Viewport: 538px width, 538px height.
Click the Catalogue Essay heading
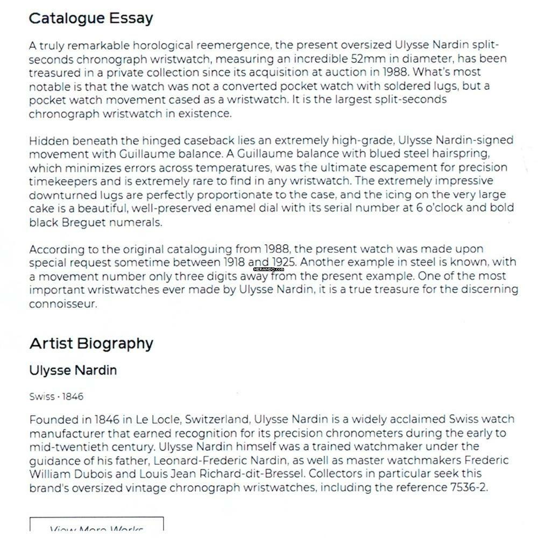[90, 18]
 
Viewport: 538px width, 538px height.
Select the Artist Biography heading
[91, 343]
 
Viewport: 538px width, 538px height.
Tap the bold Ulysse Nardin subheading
[73, 370]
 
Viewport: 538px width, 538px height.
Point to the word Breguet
[81, 222]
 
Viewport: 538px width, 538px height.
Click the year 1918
[236, 263]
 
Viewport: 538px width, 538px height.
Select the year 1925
[285, 263]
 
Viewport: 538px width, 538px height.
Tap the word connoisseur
[62, 303]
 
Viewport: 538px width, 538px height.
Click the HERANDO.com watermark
[268, 269]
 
